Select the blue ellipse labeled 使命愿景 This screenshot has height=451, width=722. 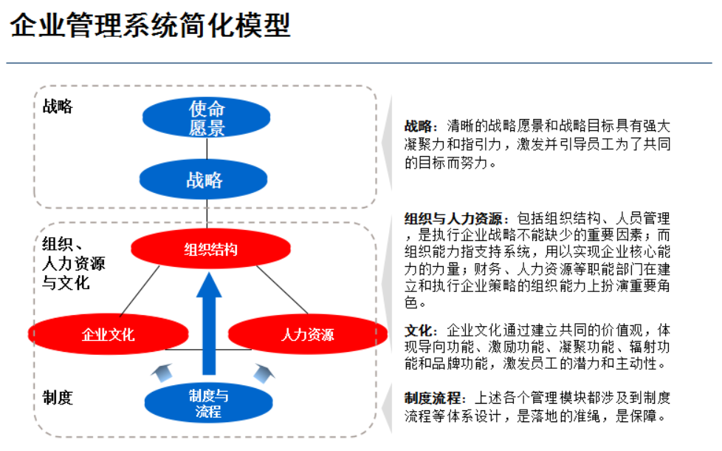point(206,118)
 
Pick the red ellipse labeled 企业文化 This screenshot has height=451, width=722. point(108,334)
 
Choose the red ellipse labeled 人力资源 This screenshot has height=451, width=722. point(307,334)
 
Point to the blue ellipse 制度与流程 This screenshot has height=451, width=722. point(207,403)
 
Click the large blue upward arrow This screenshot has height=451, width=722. point(210,325)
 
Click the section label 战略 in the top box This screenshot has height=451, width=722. point(58,106)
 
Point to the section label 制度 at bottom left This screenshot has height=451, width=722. point(58,398)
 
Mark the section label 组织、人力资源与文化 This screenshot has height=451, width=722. point(73,263)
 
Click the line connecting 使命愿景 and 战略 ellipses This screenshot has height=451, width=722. point(207,149)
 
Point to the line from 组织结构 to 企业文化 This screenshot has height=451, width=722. point(139,291)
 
